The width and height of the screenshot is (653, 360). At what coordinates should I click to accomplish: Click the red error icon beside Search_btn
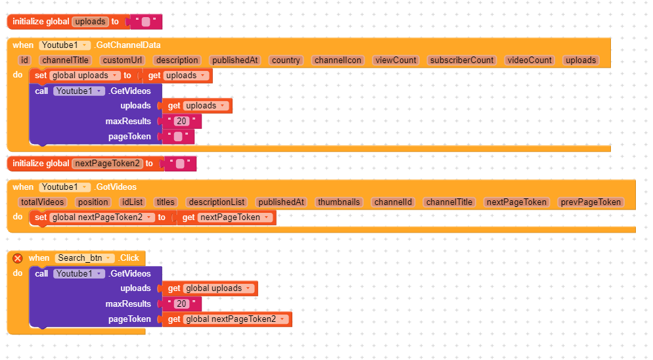click(x=18, y=258)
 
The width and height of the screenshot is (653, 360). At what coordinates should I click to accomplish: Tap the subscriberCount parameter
click(x=461, y=60)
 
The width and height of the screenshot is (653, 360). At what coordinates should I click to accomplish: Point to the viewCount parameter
click(x=395, y=60)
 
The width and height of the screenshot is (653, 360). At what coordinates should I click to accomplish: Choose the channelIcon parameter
click(x=338, y=60)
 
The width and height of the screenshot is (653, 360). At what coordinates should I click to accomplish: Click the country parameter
click(x=285, y=60)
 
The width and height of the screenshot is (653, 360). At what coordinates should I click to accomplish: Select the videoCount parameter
click(x=529, y=60)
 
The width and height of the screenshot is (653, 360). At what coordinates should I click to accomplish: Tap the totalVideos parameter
click(x=42, y=202)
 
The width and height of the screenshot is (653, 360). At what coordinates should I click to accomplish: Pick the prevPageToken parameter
click(x=590, y=202)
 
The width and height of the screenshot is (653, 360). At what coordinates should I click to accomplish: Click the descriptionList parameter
click(x=216, y=202)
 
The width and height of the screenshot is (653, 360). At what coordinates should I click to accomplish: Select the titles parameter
click(x=166, y=202)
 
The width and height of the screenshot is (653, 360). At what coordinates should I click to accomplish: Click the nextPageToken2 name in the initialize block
click(x=108, y=164)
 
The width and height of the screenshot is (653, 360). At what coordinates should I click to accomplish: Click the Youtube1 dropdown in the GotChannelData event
click(x=64, y=45)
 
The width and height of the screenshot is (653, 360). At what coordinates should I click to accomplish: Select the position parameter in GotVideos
click(x=93, y=202)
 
